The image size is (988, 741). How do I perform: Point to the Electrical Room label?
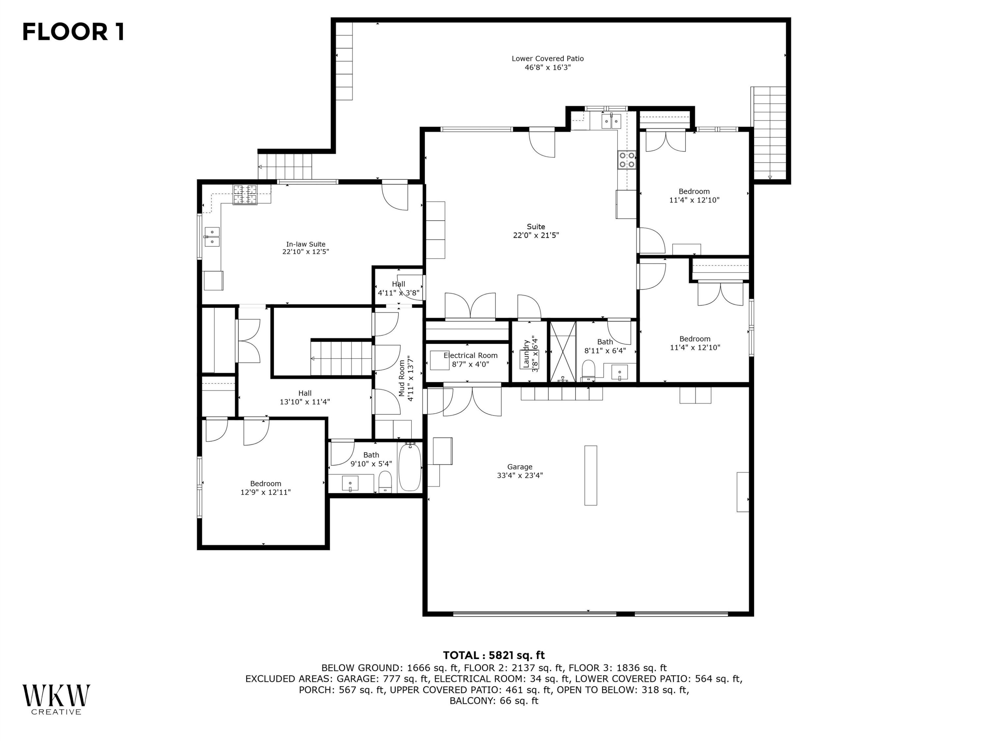470,356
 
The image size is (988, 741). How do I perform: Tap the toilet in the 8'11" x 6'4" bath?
588,370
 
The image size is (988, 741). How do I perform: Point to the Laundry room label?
526,353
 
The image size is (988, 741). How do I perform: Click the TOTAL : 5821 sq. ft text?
494,655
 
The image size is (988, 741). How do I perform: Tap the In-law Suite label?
306,244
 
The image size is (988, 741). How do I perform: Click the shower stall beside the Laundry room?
563,352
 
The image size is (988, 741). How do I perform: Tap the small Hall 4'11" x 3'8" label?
398,284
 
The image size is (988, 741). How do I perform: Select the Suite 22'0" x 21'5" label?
535,227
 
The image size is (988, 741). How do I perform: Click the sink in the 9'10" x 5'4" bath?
350,483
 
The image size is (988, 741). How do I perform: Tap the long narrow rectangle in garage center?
590,475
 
